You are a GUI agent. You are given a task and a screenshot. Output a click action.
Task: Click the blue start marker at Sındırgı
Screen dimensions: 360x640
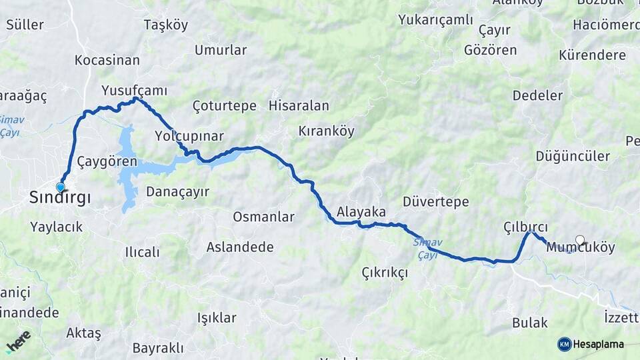61,187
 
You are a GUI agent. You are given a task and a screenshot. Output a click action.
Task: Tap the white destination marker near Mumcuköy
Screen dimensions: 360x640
579,240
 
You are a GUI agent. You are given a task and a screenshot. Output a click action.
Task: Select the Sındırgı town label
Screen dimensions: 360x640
60,197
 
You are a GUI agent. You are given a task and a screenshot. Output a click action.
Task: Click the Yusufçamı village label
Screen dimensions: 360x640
134,90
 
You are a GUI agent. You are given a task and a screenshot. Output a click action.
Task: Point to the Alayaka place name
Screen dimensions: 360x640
361,212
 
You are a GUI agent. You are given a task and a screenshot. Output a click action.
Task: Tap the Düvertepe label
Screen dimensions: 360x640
436,202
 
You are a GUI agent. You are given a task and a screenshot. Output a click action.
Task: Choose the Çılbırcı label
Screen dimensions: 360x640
525,227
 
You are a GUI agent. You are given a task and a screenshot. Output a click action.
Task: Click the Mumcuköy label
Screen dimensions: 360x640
580,247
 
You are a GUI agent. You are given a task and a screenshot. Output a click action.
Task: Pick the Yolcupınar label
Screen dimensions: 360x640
189,136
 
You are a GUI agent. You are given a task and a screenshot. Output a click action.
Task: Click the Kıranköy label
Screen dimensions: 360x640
326,131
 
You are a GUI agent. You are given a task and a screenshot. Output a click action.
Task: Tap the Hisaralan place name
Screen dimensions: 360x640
299,105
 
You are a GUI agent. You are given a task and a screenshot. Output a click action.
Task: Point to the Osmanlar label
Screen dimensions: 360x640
263,217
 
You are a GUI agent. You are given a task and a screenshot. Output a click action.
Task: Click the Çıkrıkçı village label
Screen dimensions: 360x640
384,273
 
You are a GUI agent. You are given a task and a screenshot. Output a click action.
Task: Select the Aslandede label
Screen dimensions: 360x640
240,247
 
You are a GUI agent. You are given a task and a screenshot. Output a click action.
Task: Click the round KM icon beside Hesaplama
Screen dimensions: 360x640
564,344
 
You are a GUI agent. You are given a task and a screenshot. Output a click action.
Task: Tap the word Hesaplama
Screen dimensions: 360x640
599,344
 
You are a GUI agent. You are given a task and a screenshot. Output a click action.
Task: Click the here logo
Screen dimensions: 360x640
19,341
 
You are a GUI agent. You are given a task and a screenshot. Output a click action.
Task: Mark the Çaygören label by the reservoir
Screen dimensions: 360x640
107,161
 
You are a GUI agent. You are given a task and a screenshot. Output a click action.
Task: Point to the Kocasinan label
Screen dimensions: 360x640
107,60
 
